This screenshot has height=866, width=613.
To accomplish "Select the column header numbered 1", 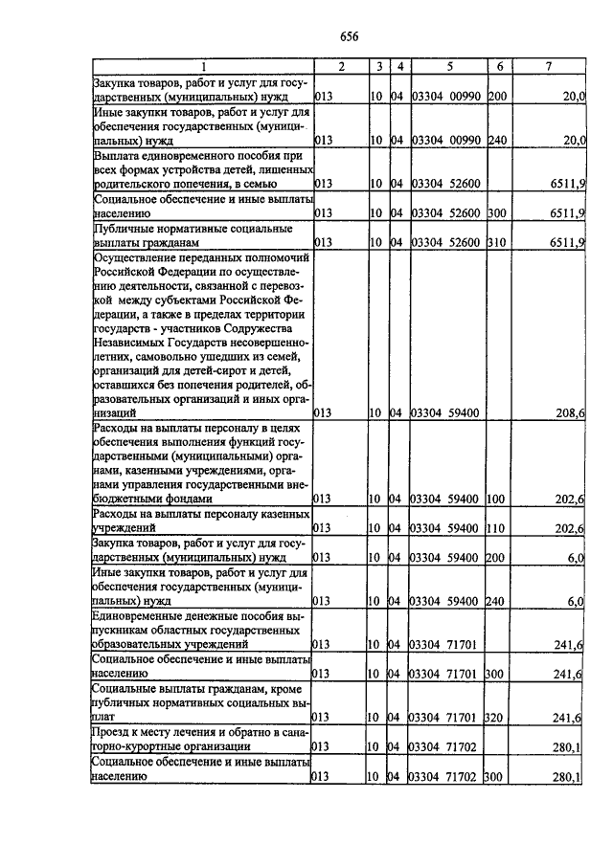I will coord(202,66).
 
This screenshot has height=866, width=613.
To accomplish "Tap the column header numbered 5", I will coord(448,66).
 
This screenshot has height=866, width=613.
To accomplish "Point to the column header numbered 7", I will coord(547,66).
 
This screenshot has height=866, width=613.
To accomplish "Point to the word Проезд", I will coord(114,732).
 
